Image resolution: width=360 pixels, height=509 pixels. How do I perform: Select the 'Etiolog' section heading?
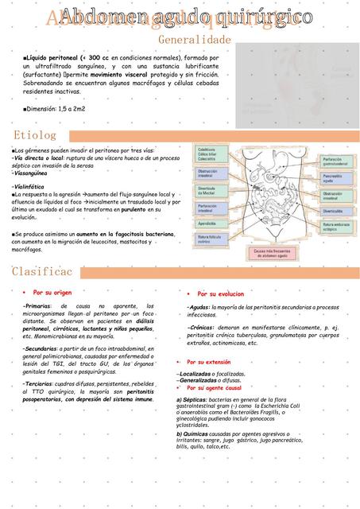click(x=35, y=136)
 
